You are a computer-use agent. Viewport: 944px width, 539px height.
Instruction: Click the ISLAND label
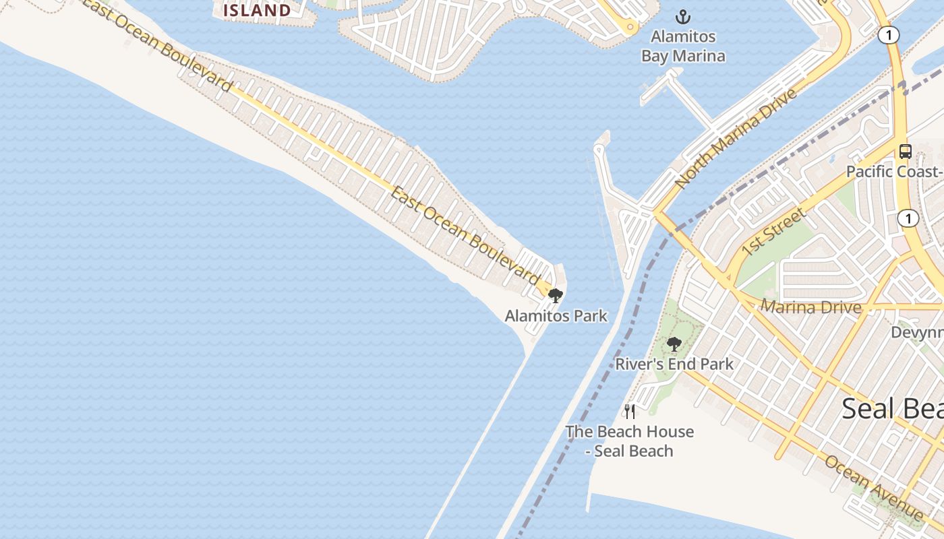(257, 10)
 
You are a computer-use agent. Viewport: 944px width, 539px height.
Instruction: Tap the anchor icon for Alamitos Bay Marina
(683, 17)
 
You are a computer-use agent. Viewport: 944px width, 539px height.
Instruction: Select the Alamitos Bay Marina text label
(683, 46)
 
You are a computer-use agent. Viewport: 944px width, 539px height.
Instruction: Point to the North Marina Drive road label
(736, 137)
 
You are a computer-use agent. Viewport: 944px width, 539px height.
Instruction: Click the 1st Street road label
(773, 232)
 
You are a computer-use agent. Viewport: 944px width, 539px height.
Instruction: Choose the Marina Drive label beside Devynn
(811, 307)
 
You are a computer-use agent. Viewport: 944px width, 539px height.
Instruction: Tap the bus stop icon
(905, 152)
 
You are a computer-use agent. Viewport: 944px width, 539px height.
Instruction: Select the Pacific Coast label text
(893, 171)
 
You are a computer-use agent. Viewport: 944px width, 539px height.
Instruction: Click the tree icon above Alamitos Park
(556, 295)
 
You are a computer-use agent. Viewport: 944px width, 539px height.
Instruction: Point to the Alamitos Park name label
(556, 315)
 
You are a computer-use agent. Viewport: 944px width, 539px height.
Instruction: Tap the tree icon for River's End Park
(674, 344)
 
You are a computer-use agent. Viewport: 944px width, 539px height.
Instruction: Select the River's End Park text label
(674, 364)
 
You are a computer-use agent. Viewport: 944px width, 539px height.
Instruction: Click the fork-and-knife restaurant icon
(630, 411)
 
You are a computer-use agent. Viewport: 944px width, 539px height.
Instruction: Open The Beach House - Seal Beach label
(630, 441)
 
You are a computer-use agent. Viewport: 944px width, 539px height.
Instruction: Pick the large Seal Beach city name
(892, 408)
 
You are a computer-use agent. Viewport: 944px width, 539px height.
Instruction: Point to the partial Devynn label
(917, 332)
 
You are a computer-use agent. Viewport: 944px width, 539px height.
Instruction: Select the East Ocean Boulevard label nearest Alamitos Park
(465, 235)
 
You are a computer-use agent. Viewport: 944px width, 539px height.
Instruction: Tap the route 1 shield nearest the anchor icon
(889, 36)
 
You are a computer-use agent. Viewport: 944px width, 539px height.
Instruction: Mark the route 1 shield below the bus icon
(909, 218)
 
